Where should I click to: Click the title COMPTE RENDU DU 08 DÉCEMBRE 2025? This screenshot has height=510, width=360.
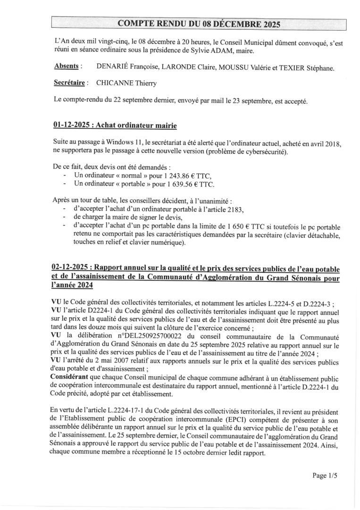pyautogui.click(x=198, y=24)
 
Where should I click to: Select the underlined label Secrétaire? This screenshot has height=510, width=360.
pyautogui.click(x=70, y=83)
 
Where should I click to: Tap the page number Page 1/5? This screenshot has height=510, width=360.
pyautogui.click(x=325, y=476)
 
